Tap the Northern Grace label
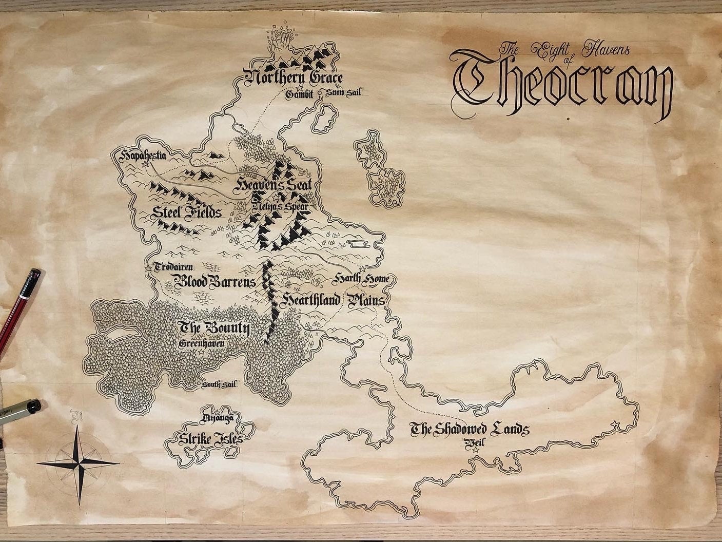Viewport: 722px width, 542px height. (x=293, y=79)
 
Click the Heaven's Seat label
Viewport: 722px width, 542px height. (x=275, y=185)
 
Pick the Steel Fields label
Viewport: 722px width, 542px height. (x=186, y=212)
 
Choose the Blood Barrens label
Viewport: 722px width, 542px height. (x=214, y=282)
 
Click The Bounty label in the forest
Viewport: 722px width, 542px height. (x=213, y=328)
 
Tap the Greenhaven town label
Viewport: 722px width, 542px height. (x=202, y=344)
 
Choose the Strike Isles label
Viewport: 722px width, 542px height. (x=209, y=439)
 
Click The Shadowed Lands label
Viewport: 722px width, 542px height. (x=469, y=429)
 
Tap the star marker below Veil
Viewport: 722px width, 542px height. (x=475, y=450)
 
